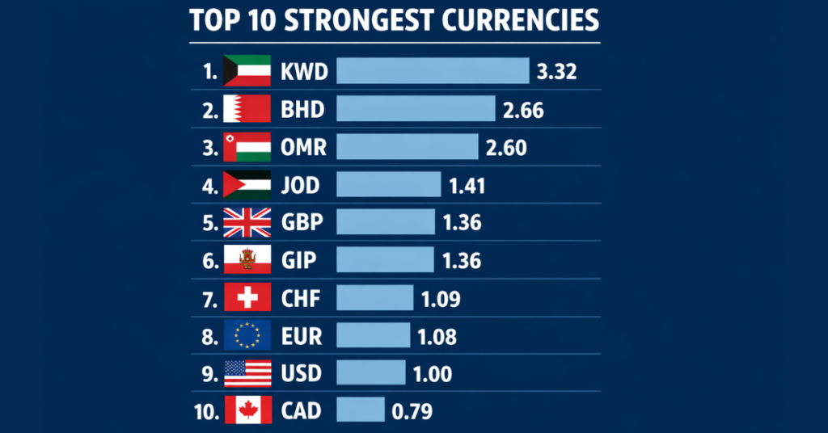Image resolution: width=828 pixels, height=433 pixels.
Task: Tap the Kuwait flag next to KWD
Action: click(x=247, y=71)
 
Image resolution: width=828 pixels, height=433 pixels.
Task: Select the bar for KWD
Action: click(x=433, y=71)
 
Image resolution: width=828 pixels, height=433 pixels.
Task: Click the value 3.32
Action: click(x=556, y=72)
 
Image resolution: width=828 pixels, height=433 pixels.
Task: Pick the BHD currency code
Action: click(x=303, y=109)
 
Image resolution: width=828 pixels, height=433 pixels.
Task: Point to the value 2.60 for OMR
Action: click(x=506, y=147)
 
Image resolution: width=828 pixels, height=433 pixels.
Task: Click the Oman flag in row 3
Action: click(x=247, y=147)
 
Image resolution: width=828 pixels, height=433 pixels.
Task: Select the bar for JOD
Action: click(x=388, y=185)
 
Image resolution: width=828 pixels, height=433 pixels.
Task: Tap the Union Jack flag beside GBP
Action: click(x=247, y=222)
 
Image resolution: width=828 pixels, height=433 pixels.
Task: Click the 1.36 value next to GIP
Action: click(x=462, y=260)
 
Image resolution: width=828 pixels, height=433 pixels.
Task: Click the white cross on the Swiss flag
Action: click(x=247, y=298)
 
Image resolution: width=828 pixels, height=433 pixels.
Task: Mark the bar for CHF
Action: click(x=374, y=298)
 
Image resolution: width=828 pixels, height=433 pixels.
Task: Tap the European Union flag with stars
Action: click(x=247, y=335)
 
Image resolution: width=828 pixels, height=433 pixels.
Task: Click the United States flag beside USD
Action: click(x=247, y=373)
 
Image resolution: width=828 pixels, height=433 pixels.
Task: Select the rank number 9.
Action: click(x=209, y=373)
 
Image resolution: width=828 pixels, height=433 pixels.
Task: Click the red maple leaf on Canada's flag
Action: click(x=247, y=410)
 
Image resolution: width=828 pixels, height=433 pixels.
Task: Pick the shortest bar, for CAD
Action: click(x=360, y=410)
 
